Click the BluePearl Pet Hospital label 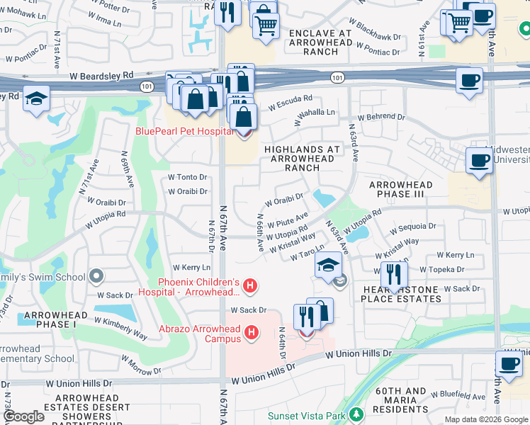[x=184, y=131]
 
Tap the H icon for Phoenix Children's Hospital [x=249, y=286]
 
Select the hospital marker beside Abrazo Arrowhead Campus [x=249, y=331]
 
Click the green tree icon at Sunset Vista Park [x=358, y=413]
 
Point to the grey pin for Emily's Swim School [x=97, y=276]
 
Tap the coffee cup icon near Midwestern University [x=479, y=160]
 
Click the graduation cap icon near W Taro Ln [x=329, y=265]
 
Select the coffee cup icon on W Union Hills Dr [x=509, y=363]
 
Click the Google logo [x=23, y=416]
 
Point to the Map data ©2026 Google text [x=486, y=419]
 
